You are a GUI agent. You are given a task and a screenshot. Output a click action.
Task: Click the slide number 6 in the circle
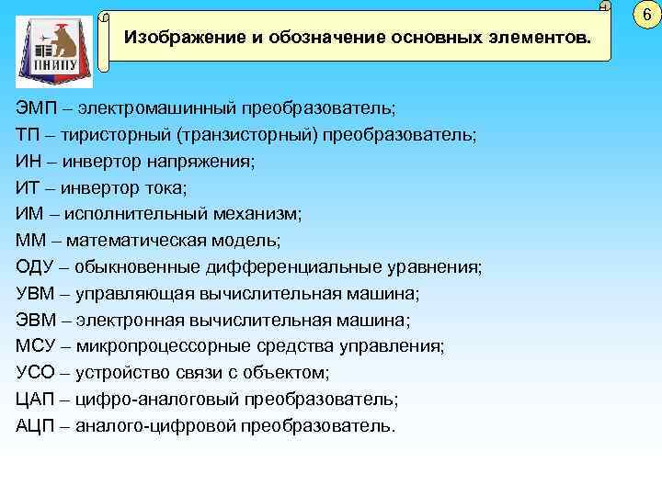[x=646, y=15]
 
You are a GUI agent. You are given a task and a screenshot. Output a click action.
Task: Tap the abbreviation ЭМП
[x=35, y=108]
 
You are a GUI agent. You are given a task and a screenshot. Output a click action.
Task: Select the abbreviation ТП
[x=27, y=135]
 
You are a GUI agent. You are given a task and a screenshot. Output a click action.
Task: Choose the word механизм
[x=253, y=214]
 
